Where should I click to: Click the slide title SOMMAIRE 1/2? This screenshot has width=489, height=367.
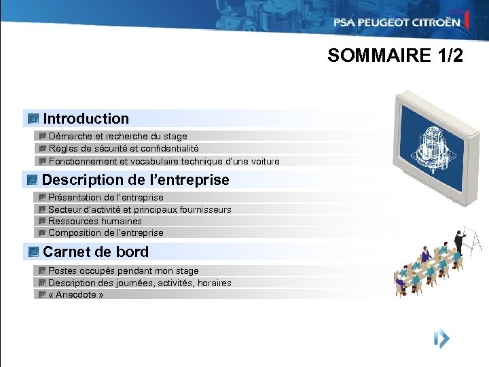(395, 56)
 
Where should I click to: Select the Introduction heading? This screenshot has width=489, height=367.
(86, 119)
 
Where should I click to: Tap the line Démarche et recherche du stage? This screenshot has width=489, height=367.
(117, 136)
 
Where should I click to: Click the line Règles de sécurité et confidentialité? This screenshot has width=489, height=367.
(124, 148)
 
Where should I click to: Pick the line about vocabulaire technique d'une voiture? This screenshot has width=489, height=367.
(164, 161)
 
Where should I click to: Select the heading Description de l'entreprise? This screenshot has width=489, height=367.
(135, 180)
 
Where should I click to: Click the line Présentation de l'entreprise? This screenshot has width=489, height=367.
(106, 197)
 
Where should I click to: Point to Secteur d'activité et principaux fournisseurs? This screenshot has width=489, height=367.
(139, 209)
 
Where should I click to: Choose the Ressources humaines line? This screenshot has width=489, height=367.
(95, 221)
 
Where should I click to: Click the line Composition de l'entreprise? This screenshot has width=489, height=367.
(106, 232)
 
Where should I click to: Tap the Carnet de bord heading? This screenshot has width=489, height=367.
(95, 252)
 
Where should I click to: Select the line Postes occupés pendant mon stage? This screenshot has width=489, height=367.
(124, 270)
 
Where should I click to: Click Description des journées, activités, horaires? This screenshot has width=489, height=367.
(139, 283)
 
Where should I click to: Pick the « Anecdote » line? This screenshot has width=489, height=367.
(76, 294)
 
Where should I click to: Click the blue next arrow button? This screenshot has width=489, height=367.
(441, 338)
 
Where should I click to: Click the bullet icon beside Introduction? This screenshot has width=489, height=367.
(33, 119)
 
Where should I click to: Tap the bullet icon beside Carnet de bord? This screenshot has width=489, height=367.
(33, 252)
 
